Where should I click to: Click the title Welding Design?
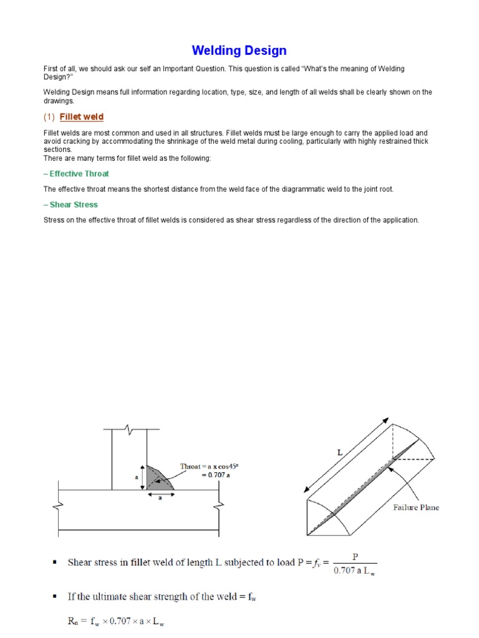[239, 50]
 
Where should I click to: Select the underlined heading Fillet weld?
[82, 117]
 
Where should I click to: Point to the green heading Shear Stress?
[70, 204]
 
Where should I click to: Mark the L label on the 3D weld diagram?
[340, 453]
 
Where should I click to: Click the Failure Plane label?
[415, 507]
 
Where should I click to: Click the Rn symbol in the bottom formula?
[72, 621]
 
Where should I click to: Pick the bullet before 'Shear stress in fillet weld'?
[54, 562]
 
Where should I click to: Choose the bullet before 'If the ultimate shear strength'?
[54, 597]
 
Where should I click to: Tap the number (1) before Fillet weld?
[49, 117]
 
